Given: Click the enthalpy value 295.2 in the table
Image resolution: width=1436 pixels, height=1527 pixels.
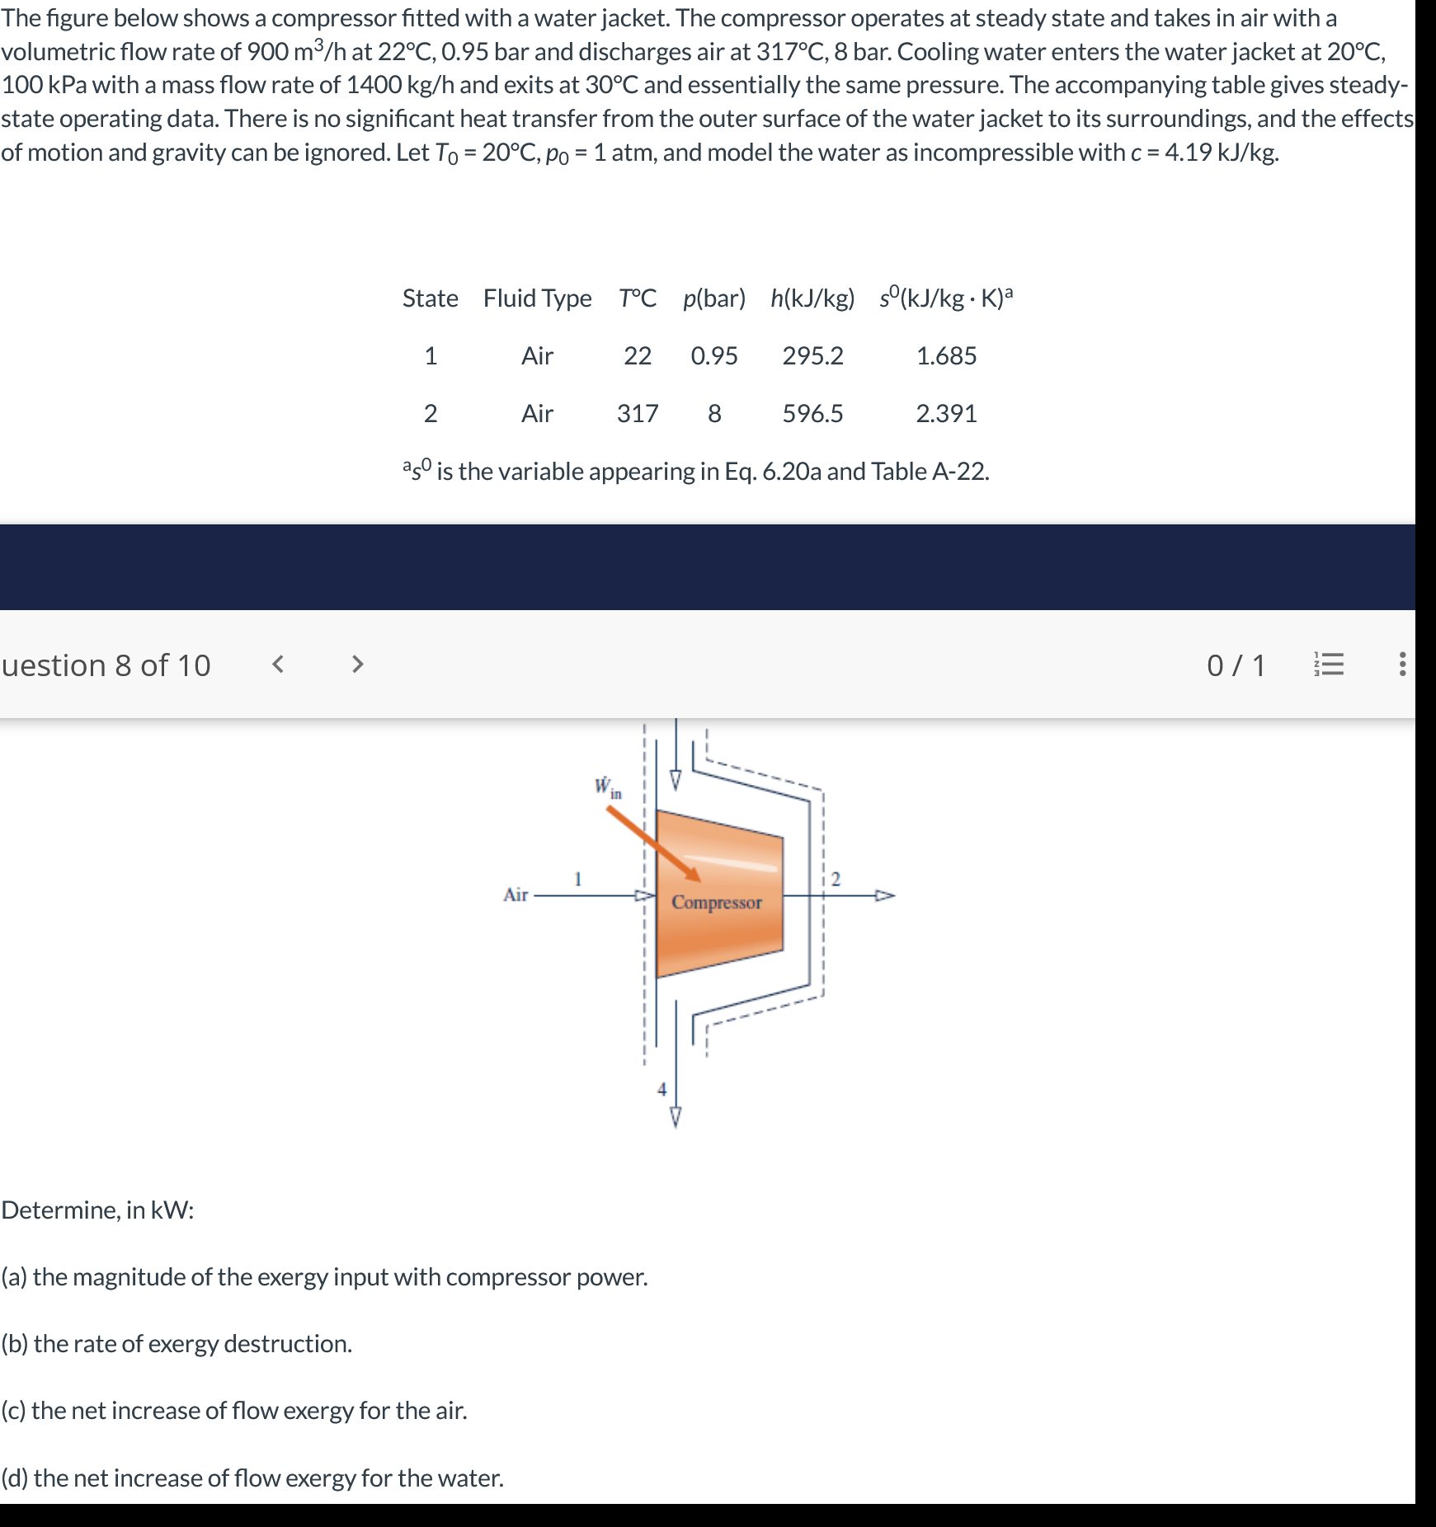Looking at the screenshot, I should (x=812, y=355).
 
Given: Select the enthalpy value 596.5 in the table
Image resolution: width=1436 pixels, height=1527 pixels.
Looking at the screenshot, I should (x=812, y=413).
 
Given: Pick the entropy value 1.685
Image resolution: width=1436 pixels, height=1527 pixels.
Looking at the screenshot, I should (x=946, y=355).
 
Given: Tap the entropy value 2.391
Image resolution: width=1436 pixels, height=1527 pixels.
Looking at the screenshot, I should (x=946, y=413).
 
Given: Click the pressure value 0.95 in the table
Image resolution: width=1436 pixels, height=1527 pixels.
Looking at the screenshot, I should (x=714, y=355).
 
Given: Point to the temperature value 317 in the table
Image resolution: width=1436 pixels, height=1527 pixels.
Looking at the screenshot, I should (x=638, y=413).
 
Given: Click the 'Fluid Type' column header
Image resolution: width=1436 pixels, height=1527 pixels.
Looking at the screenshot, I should (x=537, y=298).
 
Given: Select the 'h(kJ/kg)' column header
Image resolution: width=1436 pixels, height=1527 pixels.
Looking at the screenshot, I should (x=812, y=298).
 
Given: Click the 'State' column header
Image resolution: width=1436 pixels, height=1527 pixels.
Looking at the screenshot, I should (x=430, y=298).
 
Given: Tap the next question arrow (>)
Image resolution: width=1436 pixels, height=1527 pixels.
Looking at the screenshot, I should (x=357, y=664).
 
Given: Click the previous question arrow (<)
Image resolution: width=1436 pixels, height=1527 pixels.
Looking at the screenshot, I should (x=278, y=664).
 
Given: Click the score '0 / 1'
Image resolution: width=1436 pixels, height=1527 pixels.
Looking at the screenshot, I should (x=1236, y=665).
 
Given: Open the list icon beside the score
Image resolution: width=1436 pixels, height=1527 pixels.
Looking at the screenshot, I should (x=1328, y=665).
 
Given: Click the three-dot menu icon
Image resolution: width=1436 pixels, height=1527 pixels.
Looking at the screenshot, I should (x=1402, y=665).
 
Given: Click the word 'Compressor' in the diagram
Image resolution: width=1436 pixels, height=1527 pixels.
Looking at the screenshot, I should (x=716, y=902).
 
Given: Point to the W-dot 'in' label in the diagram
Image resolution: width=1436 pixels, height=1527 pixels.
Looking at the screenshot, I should (x=608, y=787).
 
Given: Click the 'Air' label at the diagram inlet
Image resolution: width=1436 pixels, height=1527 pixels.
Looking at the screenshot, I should (x=516, y=895).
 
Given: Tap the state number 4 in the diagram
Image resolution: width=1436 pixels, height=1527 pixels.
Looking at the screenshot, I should (x=661, y=1089).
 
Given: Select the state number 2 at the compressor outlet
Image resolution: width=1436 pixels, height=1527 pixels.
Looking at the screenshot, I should (x=836, y=880).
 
